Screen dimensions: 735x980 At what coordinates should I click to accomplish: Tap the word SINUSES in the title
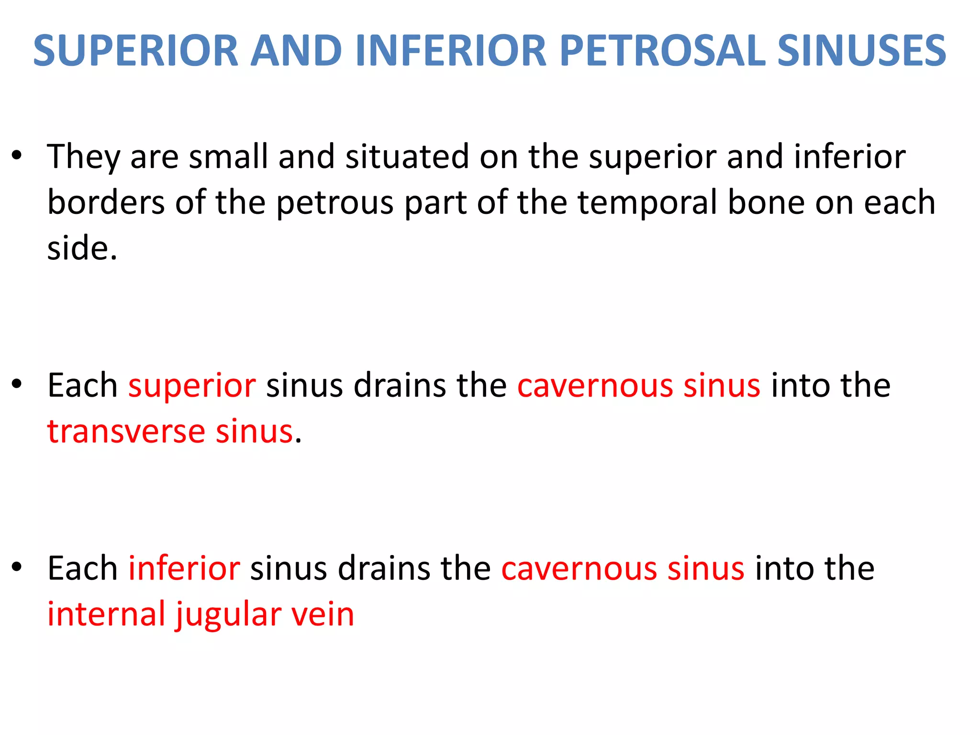point(862,51)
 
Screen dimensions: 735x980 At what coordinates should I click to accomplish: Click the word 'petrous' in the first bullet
point(335,202)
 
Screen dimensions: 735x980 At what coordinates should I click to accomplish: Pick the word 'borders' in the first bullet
point(106,202)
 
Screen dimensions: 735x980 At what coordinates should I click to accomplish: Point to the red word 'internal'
point(106,614)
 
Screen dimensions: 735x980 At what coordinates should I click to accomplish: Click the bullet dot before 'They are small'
point(17,156)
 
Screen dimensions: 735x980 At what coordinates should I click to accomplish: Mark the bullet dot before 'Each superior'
point(17,384)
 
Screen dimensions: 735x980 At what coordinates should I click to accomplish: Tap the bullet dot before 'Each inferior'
point(17,567)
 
